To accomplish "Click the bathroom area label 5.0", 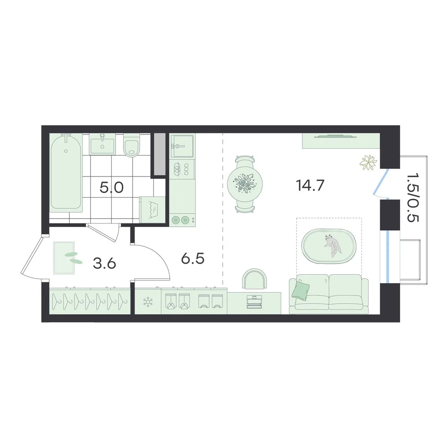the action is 112,188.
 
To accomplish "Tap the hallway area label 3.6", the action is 104,263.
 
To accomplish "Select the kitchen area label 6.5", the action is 193,259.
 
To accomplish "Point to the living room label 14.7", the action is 310,185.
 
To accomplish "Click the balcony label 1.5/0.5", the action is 413,198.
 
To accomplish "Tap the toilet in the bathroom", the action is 131,146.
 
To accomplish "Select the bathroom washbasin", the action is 102,144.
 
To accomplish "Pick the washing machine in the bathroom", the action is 153,210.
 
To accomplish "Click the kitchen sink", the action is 182,146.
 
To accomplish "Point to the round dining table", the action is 245,184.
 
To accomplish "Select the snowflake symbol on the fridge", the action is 148,302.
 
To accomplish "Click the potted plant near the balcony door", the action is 368,163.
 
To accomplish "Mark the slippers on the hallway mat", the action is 73,258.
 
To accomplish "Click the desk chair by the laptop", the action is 254,278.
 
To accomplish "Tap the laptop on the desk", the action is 254,302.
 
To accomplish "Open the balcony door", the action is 380,183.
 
